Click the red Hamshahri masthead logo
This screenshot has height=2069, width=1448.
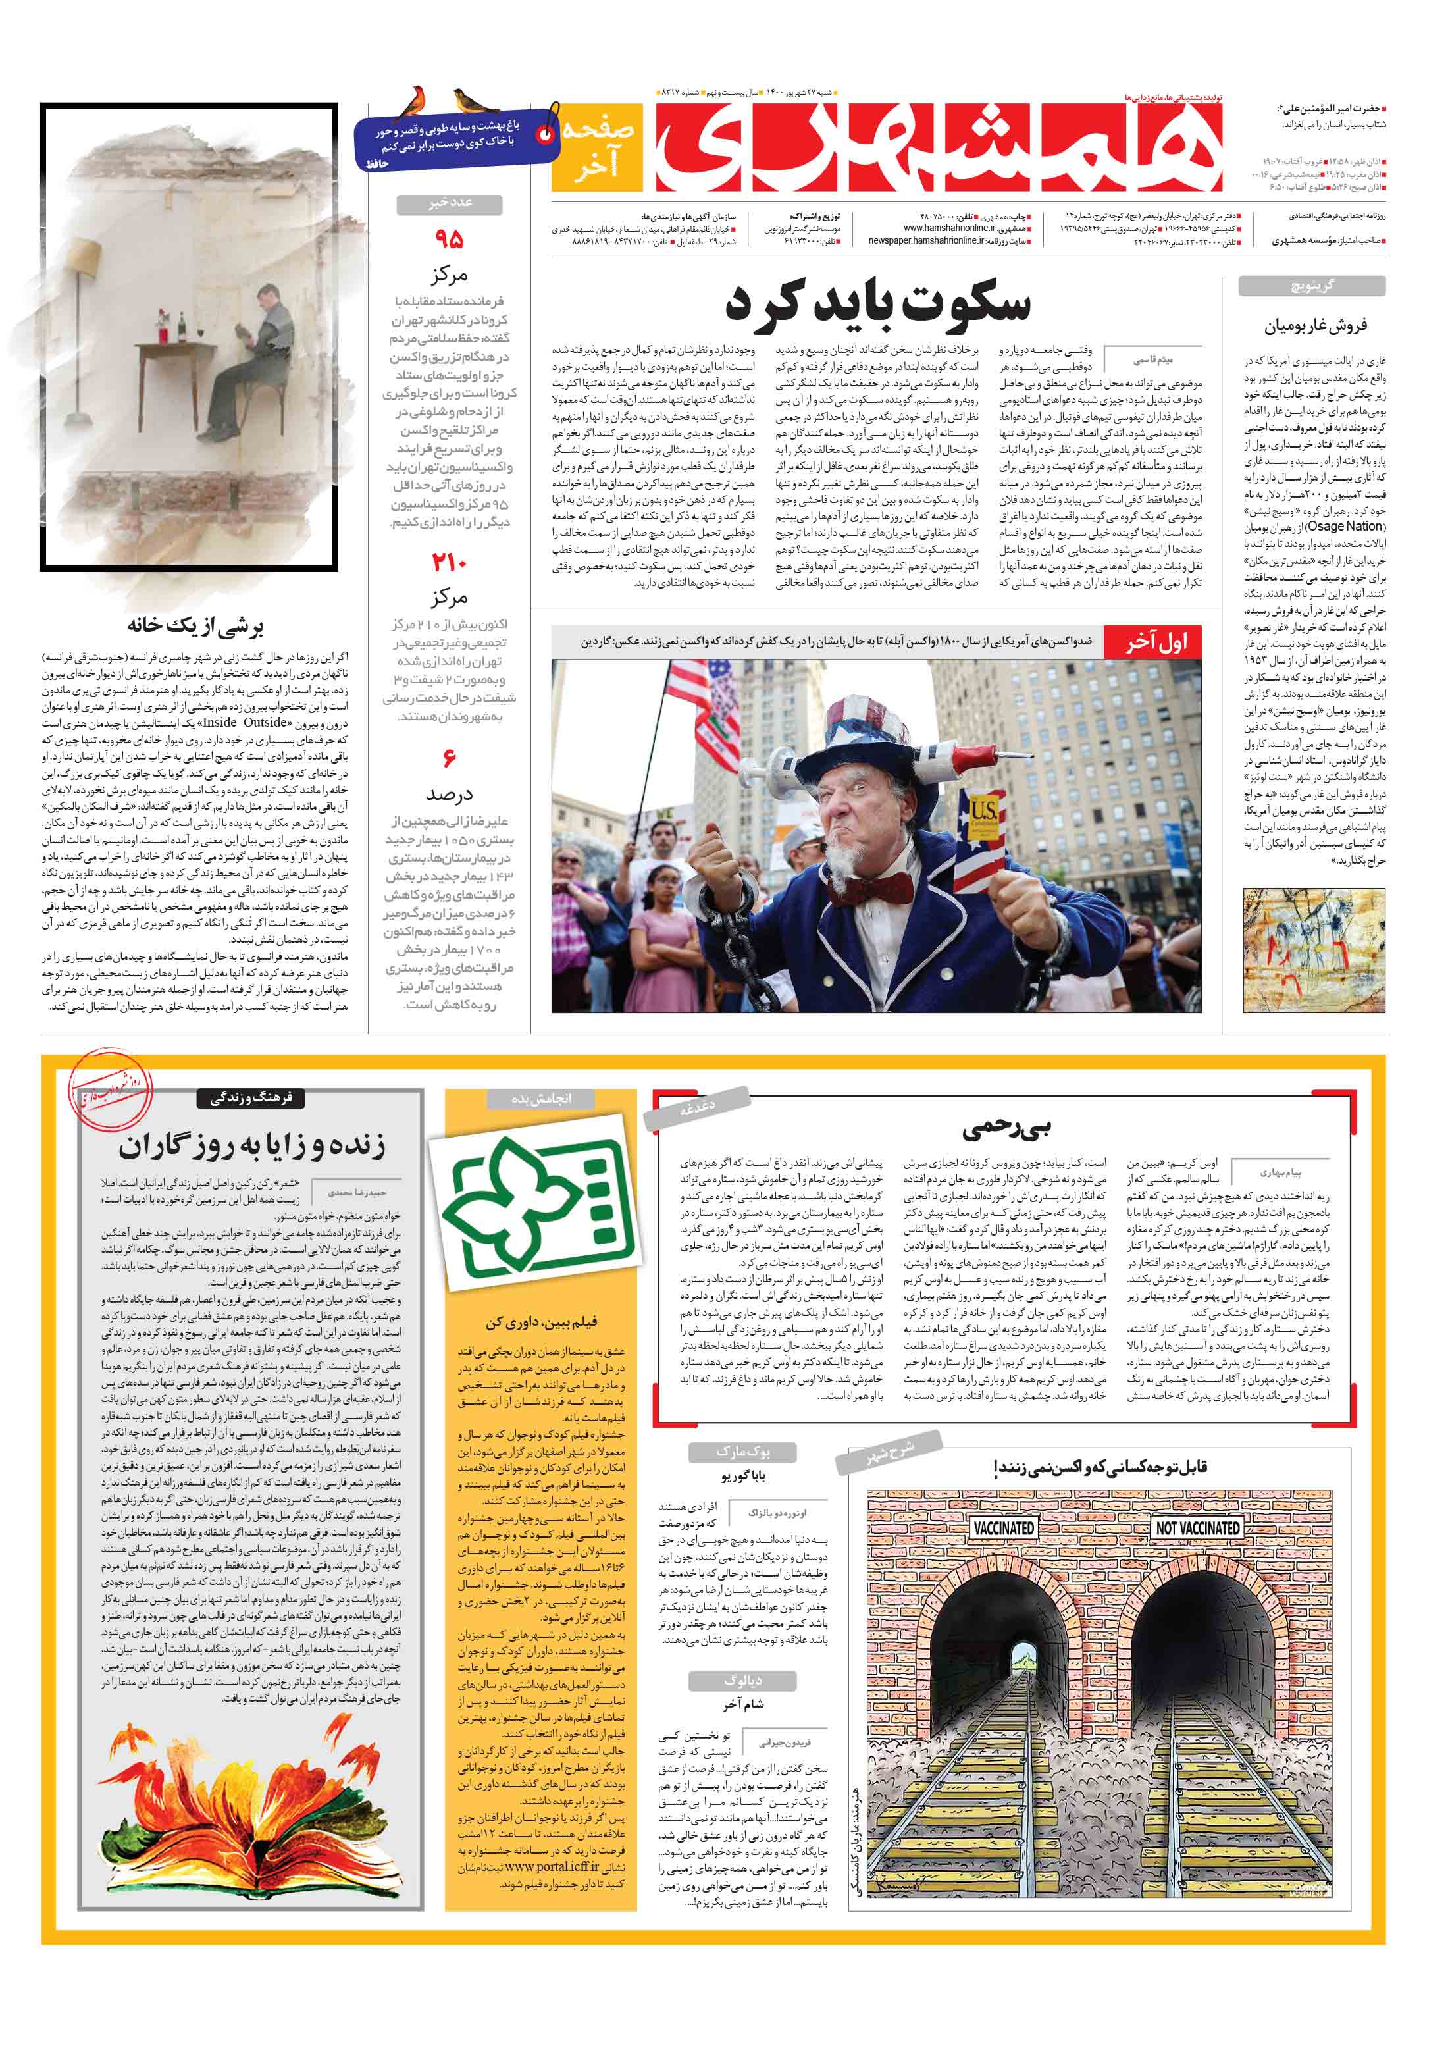(937, 144)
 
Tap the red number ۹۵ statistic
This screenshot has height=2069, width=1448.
(449, 240)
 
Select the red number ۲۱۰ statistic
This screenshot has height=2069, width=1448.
(449, 563)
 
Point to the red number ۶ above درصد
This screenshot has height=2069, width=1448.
(449, 760)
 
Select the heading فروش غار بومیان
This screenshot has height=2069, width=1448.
(1314, 325)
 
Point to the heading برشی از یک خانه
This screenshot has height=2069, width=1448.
(195, 625)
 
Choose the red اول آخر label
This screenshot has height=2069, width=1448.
(1156, 642)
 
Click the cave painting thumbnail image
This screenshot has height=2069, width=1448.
(1313, 950)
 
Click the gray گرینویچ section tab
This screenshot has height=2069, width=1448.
(1311, 286)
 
